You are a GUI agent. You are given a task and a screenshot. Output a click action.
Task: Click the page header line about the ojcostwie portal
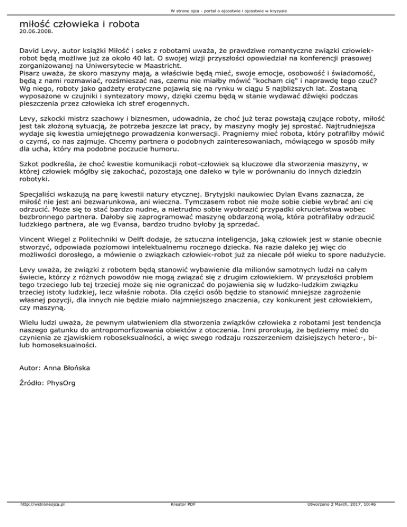(203, 10)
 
